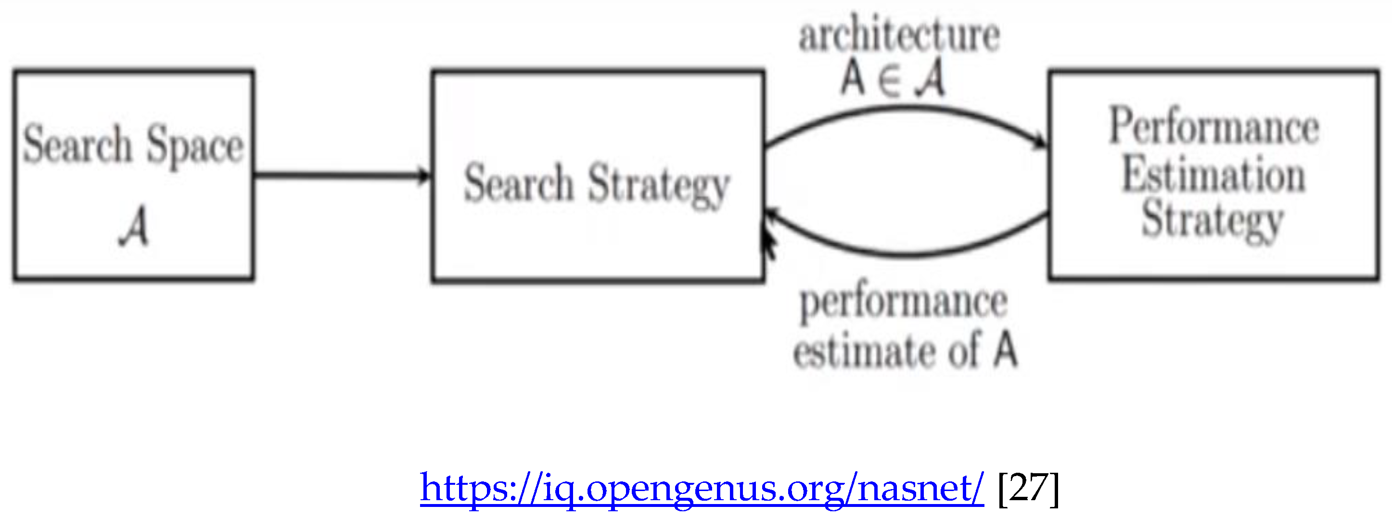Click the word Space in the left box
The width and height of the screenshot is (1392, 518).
[195, 146]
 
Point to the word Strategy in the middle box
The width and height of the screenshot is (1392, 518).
[659, 186]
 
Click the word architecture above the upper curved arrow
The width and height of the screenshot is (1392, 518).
[899, 36]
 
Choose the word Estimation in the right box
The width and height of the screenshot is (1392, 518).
[1213, 174]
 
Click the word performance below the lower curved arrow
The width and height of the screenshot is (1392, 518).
[904, 303]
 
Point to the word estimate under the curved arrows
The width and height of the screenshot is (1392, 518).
[864, 351]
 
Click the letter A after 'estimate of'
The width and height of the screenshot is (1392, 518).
[1006, 350]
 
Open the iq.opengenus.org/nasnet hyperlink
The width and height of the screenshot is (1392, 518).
[702, 488]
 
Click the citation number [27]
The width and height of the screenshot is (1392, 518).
[1028, 488]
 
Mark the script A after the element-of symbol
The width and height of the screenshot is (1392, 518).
[930, 79]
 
